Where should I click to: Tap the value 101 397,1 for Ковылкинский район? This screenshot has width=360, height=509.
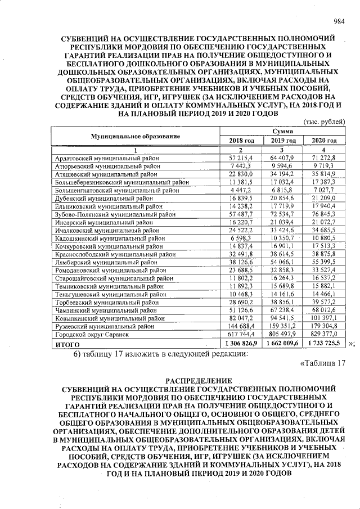coord(323,318)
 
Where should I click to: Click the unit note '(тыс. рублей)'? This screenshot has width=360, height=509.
coord(324,121)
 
